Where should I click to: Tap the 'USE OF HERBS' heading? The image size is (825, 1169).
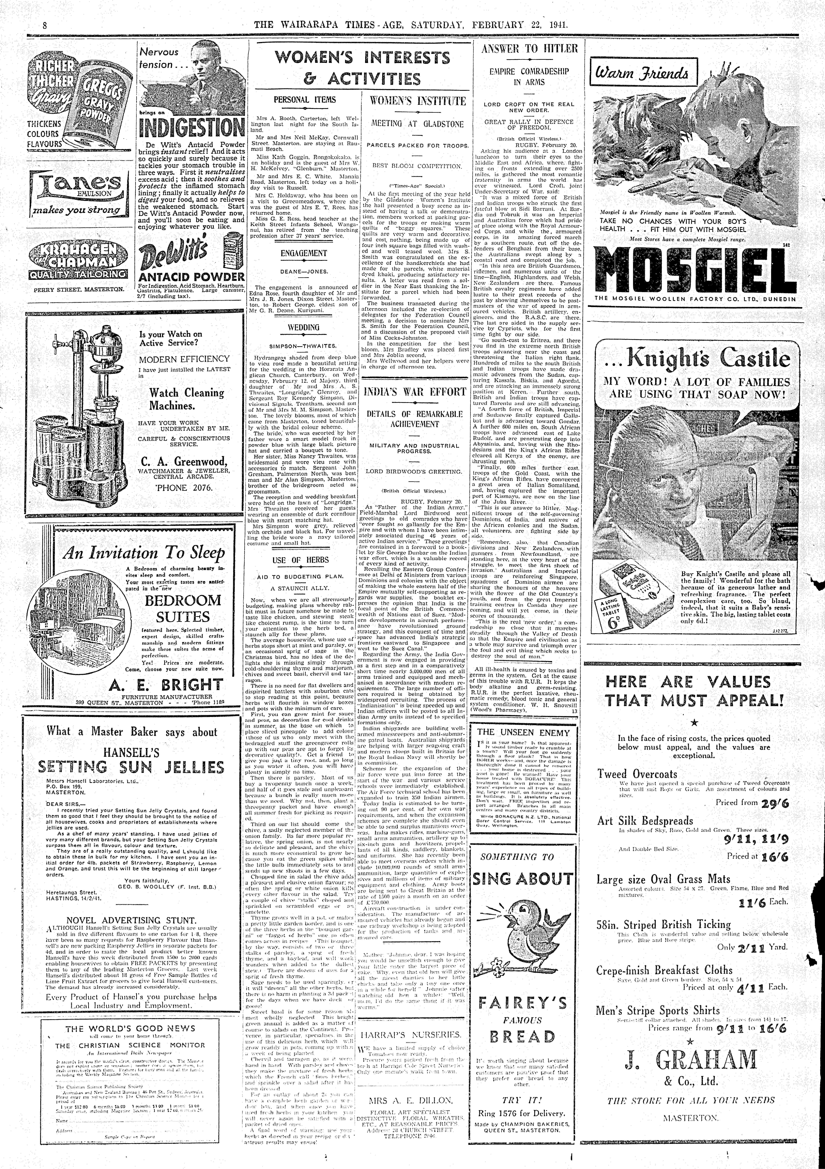[301, 560]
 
